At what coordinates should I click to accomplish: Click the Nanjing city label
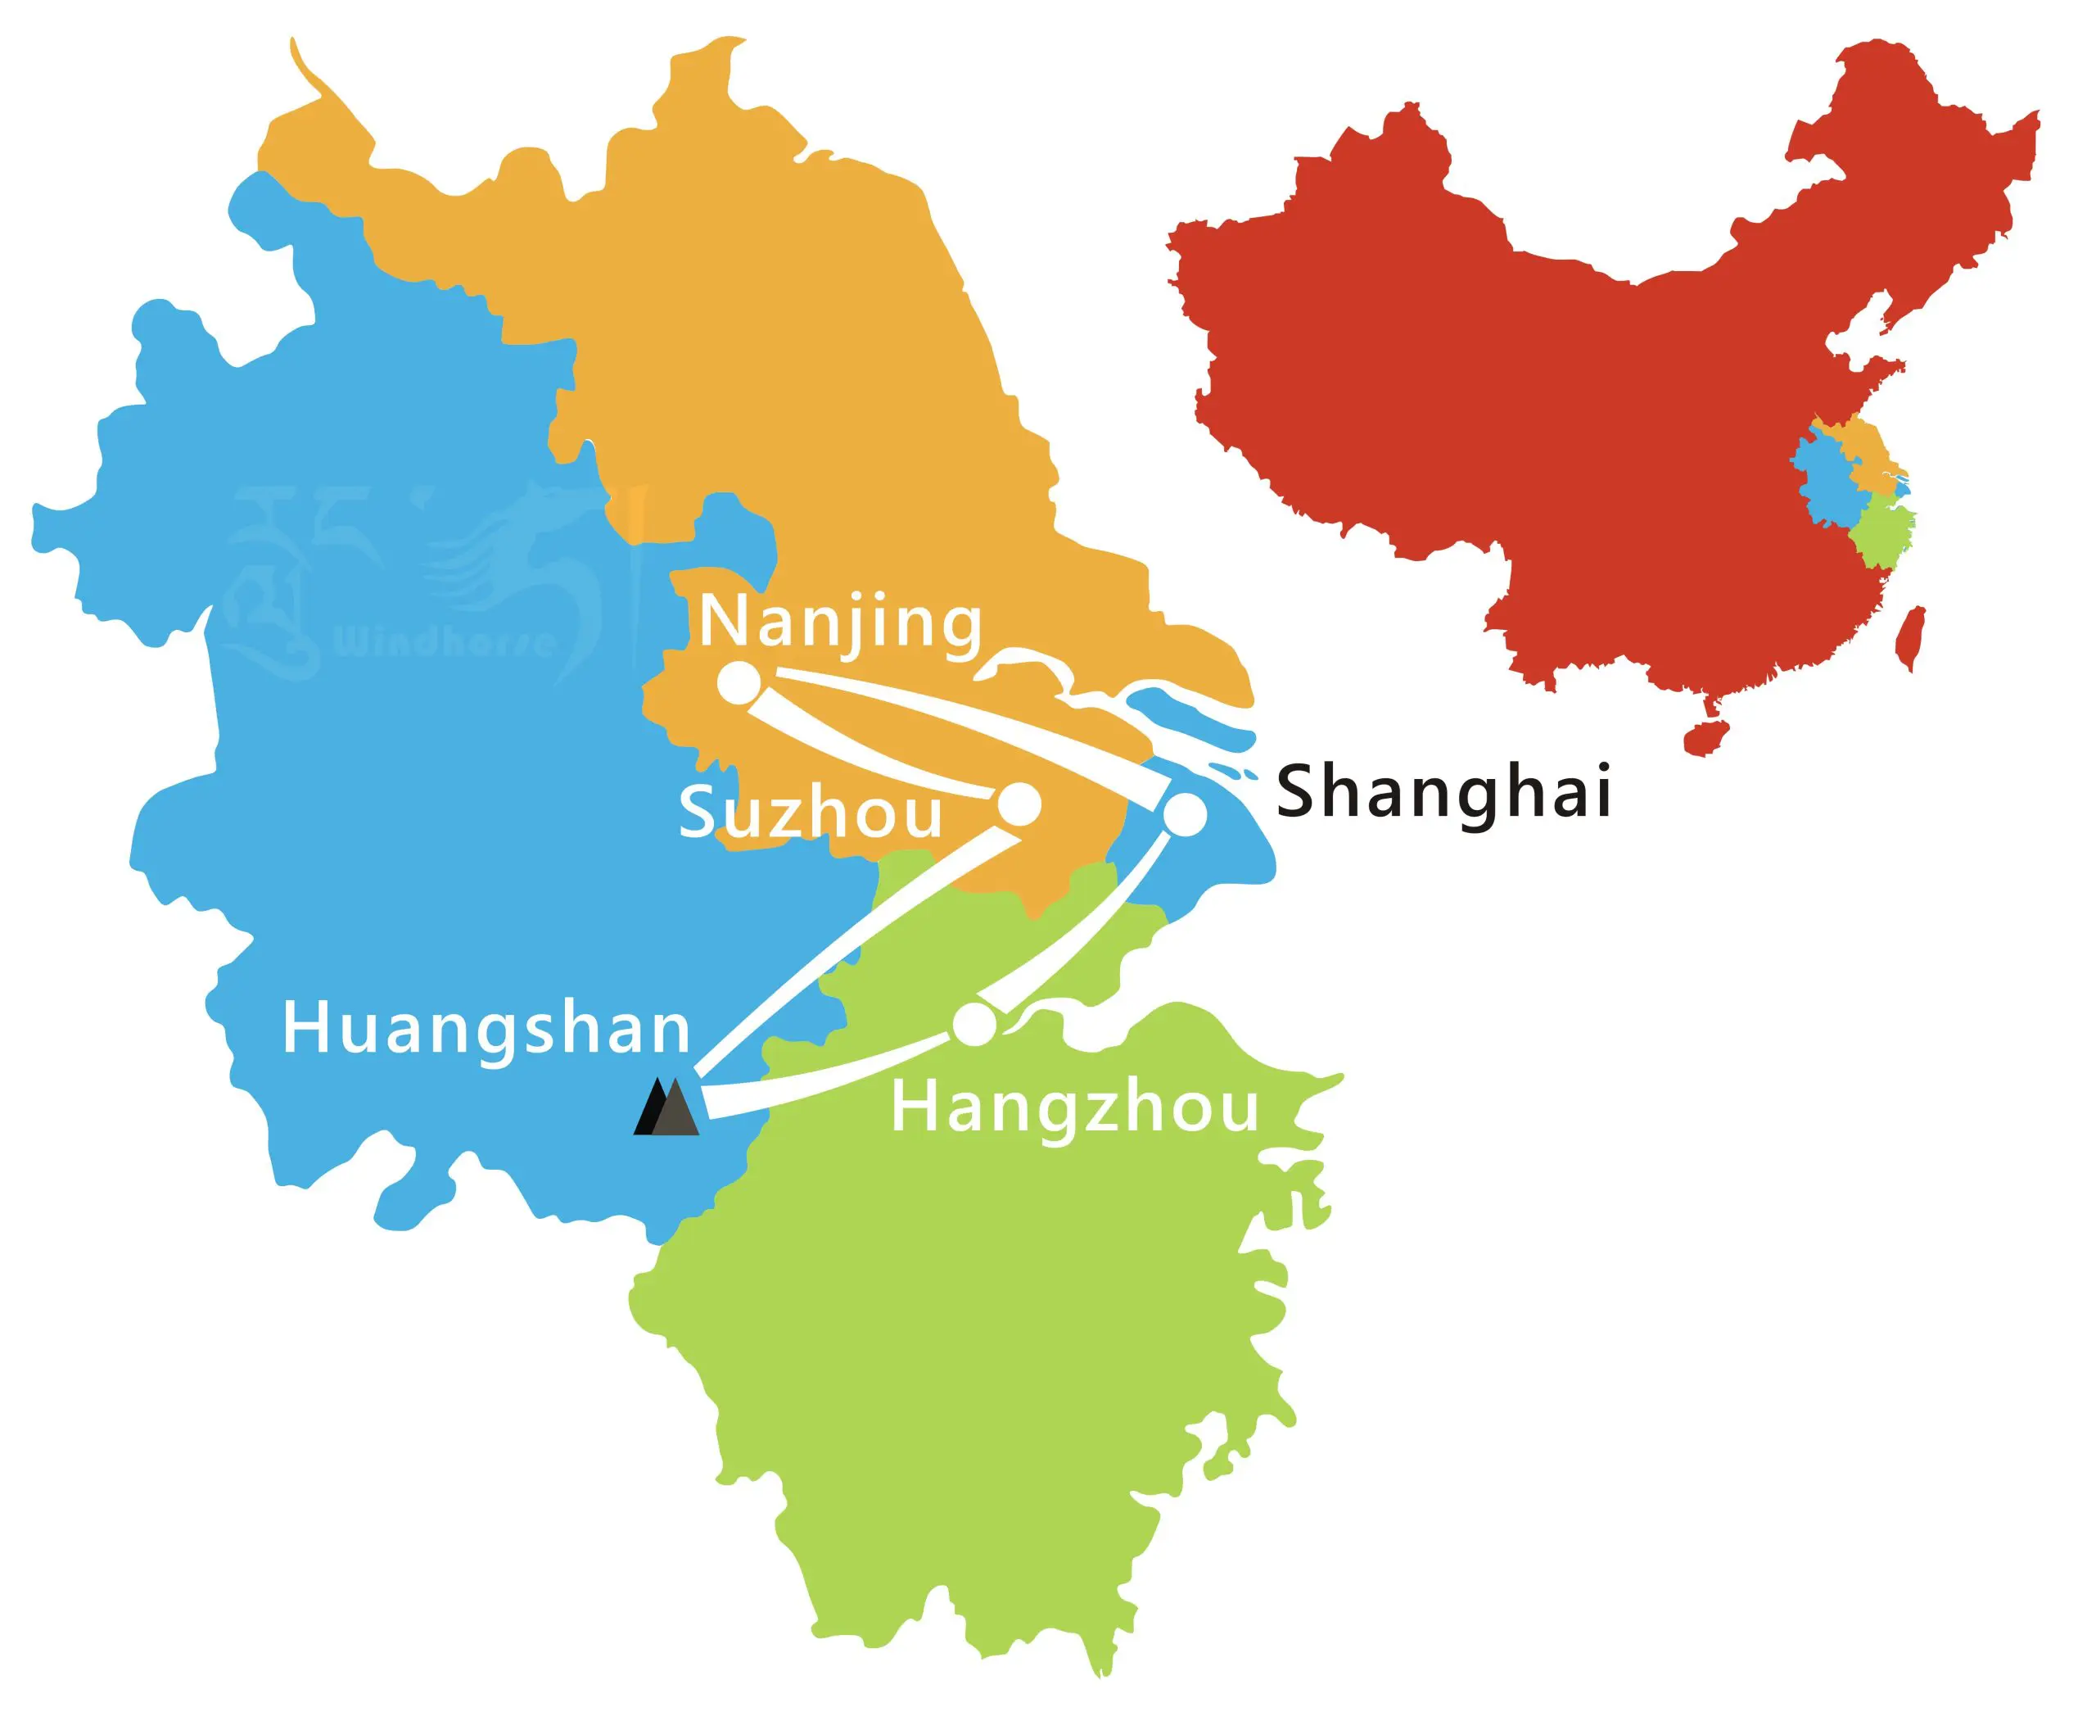point(841,623)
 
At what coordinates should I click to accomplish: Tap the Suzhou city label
point(810,813)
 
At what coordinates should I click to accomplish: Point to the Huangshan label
point(486,1029)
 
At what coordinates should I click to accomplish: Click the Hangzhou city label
point(1075,1107)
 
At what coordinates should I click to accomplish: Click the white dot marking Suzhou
point(1020,804)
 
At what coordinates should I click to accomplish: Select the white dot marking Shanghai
point(1186,815)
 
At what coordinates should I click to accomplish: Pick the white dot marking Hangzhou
point(974,1025)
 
